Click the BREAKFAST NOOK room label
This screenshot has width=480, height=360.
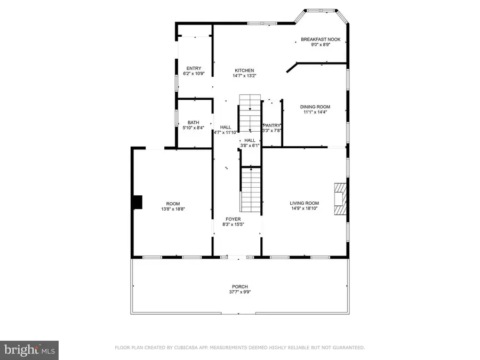tap(321, 39)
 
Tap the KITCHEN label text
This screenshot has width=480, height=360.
tap(245, 70)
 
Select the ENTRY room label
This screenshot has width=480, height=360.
tap(194, 68)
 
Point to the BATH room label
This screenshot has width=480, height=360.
tap(193, 122)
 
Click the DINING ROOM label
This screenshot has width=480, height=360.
tap(315, 107)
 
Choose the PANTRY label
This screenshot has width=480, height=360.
tap(271, 125)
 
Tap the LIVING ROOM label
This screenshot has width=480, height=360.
tap(304, 203)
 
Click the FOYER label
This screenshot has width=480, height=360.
tap(233, 219)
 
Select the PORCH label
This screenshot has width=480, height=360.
tap(240, 286)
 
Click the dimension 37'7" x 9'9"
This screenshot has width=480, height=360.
tap(240, 292)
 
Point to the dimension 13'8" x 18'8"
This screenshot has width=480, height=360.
tap(173, 209)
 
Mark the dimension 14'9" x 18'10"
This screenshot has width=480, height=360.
tap(304, 209)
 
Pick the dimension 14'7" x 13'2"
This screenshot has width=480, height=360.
tap(245, 76)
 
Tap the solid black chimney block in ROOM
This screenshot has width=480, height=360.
tap(138, 202)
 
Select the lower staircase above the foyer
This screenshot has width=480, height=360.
tap(251, 189)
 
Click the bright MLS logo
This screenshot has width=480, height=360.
tap(29, 350)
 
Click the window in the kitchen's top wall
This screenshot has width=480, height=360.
tap(262, 23)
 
